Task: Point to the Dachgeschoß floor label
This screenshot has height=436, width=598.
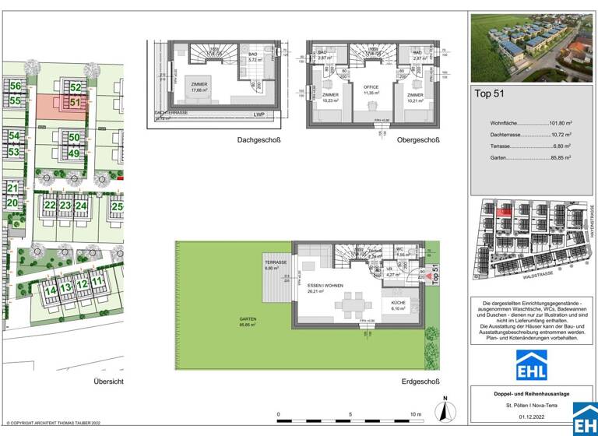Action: pyautogui.click(x=259, y=140)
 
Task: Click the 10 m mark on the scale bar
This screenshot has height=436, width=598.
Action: pyautogui.click(x=415, y=414)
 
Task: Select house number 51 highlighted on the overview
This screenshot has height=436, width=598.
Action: pyautogui.click(x=75, y=102)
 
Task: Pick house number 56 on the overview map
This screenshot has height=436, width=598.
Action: pyautogui.click(x=15, y=86)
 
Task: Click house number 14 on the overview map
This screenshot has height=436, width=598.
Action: pyautogui.click(x=50, y=290)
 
